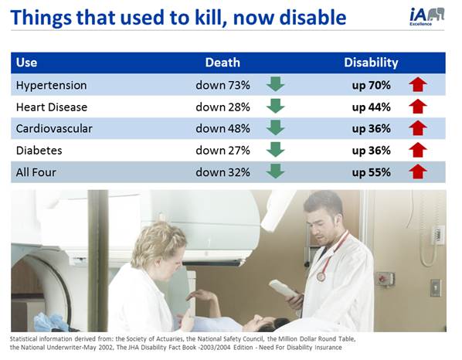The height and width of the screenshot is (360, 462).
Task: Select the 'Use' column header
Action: click(x=26, y=63)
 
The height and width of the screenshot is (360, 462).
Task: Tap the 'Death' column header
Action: click(x=223, y=63)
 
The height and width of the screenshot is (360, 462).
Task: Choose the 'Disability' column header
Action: click(x=371, y=63)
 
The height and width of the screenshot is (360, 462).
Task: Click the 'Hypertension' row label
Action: click(x=51, y=85)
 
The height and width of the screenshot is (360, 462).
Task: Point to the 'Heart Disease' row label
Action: click(x=52, y=107)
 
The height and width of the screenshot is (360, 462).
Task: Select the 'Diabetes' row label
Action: click(x=39, y=150)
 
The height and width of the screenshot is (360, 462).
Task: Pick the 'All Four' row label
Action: click(x=37, y=172)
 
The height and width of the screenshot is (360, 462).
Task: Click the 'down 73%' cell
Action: click(x=223, y=85)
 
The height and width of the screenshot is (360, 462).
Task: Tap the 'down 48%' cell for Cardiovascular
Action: click(x=223, y=128)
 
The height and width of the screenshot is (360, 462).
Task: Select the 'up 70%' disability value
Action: click(x=371, y=85)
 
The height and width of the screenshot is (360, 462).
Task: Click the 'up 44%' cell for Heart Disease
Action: click(x=371, y=107)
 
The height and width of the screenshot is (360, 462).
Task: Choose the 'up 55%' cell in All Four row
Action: click(x=371, y=172)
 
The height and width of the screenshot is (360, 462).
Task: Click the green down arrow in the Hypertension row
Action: click(x=275, y=85)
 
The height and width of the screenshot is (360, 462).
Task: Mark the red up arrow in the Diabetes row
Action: click(x=419, y=150)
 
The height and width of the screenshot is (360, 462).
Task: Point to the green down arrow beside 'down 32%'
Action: click(x=275, y=172)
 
